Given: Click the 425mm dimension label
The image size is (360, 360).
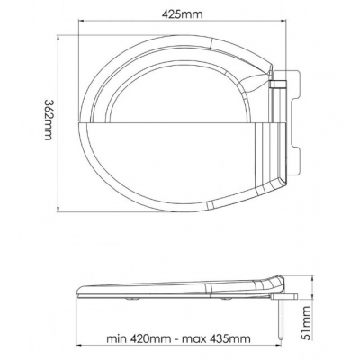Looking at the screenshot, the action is (182, 13).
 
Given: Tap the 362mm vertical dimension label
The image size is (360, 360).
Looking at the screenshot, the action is (48, 120).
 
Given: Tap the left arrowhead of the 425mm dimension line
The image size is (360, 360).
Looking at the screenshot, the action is (80, 21).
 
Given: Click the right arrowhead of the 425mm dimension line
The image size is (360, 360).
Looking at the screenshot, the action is (283, 21).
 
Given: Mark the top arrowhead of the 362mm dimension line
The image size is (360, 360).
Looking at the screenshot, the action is (58, 37).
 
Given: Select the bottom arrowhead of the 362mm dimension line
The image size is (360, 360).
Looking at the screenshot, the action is (58, 210).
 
